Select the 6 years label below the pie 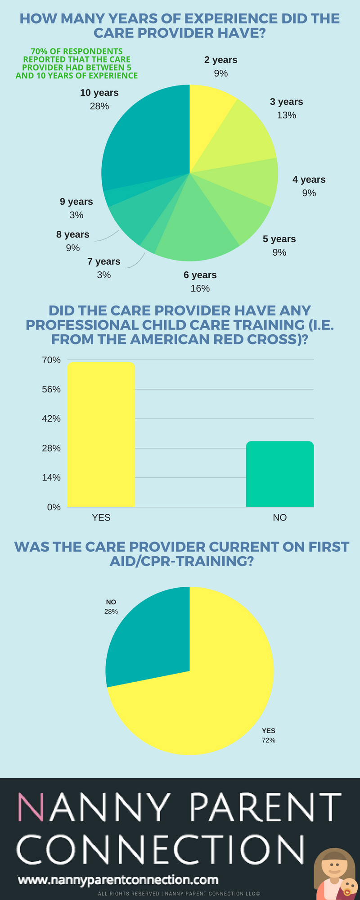tap(200, 275)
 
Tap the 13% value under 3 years tap(287, 115)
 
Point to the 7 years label tap(104, 261)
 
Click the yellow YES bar tap(101, 434)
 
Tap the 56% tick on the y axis tap(51, 389)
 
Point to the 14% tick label tap(51, 477)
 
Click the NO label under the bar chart tap(279, 517)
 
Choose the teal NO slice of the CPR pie tap(148, 634)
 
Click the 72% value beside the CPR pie tap(269, 740)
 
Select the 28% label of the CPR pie tap(111, 612)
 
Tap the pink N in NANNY tap(31, 808)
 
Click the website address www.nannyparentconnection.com tap(118, 880)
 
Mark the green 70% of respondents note tap(77, 63)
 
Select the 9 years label tap(76, 202)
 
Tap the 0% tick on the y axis tap(54, 507)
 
